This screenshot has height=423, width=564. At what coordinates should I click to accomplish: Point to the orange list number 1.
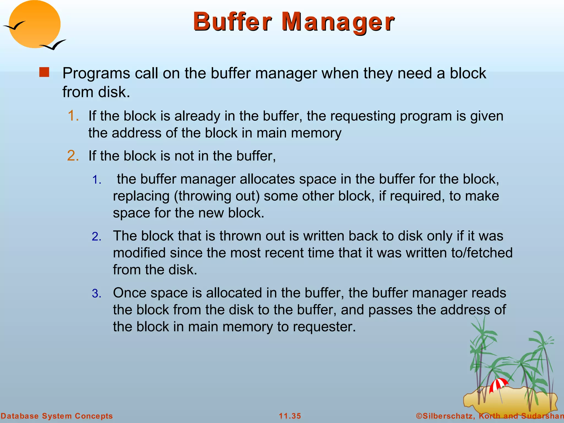73,116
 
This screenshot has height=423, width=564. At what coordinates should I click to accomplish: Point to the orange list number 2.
73,156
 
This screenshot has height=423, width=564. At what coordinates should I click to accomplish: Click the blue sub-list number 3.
97,294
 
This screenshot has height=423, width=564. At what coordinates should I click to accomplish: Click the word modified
139,253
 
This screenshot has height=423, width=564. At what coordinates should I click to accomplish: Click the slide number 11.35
290,416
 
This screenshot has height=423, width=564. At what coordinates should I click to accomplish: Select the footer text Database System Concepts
57,416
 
